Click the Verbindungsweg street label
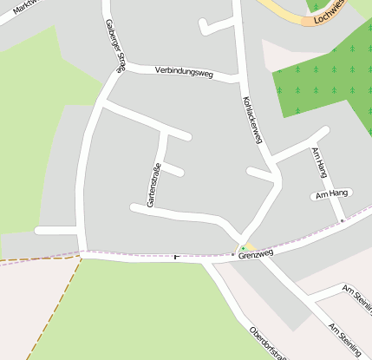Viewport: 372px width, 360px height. [x=183, y=71]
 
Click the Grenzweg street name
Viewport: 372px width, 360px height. [x=258, y=253]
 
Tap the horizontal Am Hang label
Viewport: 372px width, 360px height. [x=330, y=195]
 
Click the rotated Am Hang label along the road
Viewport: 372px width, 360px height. [x=318, y=162]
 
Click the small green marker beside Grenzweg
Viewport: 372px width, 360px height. [x=244, y=249]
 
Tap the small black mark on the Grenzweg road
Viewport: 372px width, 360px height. [x=178, y=257]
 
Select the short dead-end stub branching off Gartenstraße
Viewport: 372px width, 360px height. [x=173, y=169]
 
